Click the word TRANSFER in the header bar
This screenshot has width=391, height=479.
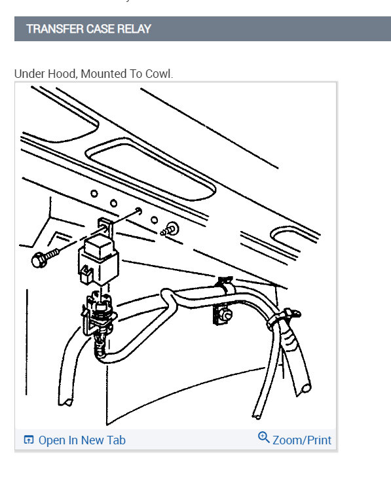point(51,29)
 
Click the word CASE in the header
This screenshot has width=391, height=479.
point(97,29)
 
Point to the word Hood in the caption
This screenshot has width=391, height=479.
point(62,74)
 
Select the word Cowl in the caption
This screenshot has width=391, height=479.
point(159,74)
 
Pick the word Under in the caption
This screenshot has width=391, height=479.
point(29,74)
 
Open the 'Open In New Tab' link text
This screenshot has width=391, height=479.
point(82,440)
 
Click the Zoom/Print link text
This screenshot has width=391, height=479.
point(302,440)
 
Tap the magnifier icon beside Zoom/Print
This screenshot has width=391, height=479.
point(264,438)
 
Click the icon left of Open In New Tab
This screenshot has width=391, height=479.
point(28,440)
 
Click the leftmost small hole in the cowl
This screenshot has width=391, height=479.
point(94,194)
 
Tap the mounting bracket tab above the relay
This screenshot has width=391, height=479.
point(105,226)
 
